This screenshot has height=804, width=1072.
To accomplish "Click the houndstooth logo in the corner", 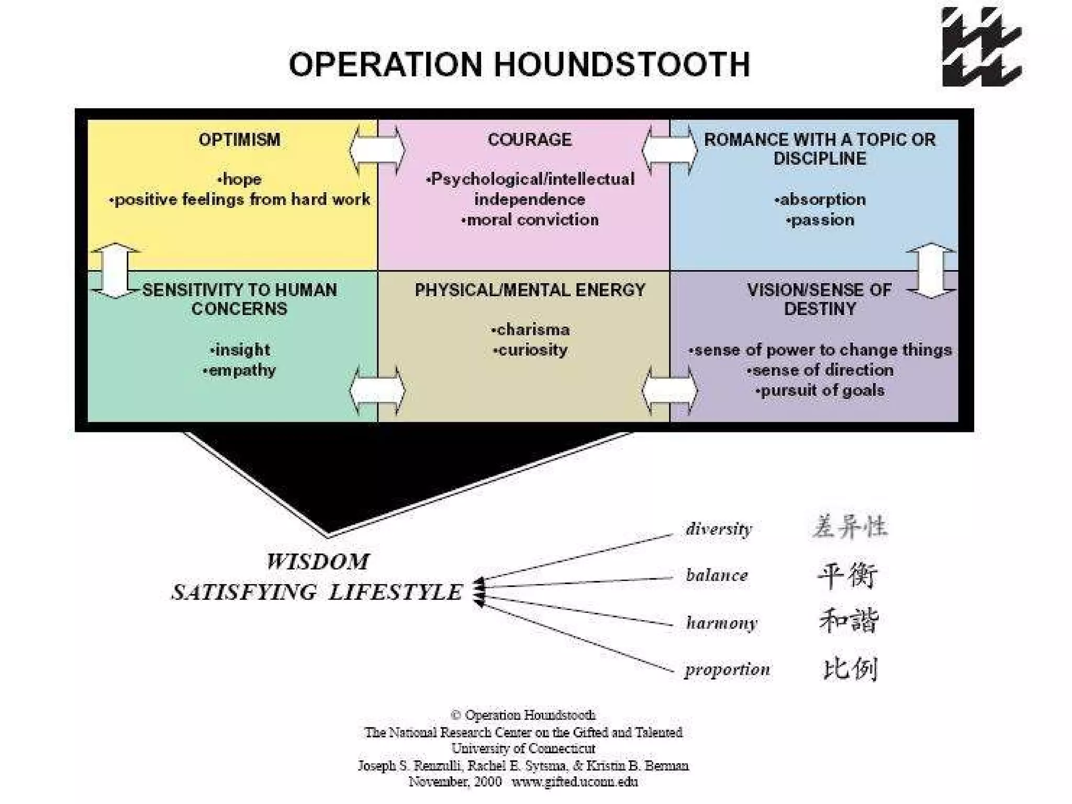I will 981,47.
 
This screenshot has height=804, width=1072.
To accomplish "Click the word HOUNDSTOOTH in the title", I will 622,64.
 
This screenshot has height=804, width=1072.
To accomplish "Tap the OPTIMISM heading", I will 239,140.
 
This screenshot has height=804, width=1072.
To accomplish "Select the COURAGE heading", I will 529,140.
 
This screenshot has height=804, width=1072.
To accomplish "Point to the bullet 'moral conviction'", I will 530,220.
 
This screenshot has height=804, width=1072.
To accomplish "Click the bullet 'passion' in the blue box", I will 821,220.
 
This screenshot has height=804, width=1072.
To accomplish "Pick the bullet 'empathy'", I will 240,370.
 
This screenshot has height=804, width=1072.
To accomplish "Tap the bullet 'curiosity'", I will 531,350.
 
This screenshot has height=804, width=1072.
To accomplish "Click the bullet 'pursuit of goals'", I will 821,390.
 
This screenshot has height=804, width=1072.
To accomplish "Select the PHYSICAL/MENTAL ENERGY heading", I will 530,290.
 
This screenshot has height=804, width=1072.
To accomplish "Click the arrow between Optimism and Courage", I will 377,150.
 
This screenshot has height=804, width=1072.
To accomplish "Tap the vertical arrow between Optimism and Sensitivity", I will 115,271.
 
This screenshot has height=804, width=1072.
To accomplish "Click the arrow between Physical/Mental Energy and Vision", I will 669,390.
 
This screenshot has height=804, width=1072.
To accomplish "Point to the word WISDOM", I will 317,562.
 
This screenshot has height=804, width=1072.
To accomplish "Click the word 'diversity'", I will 719,529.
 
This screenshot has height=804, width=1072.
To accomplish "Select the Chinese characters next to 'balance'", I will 847,575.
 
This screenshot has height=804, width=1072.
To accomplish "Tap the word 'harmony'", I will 721,623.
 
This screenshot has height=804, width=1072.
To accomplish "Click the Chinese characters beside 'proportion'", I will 850,669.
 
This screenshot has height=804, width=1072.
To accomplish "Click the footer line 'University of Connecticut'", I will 523,749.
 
